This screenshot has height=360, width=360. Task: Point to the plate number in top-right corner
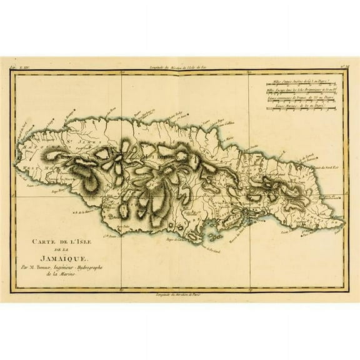(342, 68)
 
